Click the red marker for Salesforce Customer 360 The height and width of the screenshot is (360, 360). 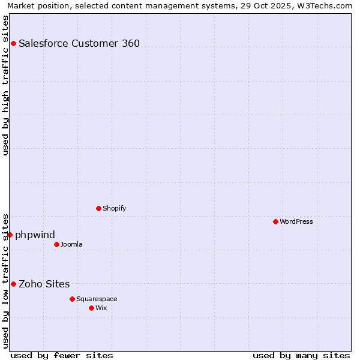[x=13, y=43]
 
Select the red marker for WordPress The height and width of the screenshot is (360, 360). [x=275, y=221]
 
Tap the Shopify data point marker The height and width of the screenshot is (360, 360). [x=98, y=208]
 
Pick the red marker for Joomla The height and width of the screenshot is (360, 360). [x=56, y=244]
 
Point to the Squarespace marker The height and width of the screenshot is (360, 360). [x=72, y=299]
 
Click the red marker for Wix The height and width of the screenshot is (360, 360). [x=91, y=308]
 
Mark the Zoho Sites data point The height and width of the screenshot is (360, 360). [x=13, y=284]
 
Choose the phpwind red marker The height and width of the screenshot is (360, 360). [x=10, y=235]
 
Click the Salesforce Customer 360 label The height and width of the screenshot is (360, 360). [x=79, y=43]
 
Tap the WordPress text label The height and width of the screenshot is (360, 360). [x=296, y=221]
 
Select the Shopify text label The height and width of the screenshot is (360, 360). [x=114, y=208]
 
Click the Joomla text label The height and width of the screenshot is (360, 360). [x=71, y=244]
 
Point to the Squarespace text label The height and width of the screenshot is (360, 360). [x=97, y=299]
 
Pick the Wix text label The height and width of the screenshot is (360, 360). [x=101, y=308]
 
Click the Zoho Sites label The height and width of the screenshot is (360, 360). [x=44, y=284]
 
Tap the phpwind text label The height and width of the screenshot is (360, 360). [x=35, y=235]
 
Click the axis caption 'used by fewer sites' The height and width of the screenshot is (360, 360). [x=62, y=355]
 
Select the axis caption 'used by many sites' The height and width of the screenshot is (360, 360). [x=301, y=355]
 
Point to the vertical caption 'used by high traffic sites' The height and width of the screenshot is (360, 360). [x=6, y=85]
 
